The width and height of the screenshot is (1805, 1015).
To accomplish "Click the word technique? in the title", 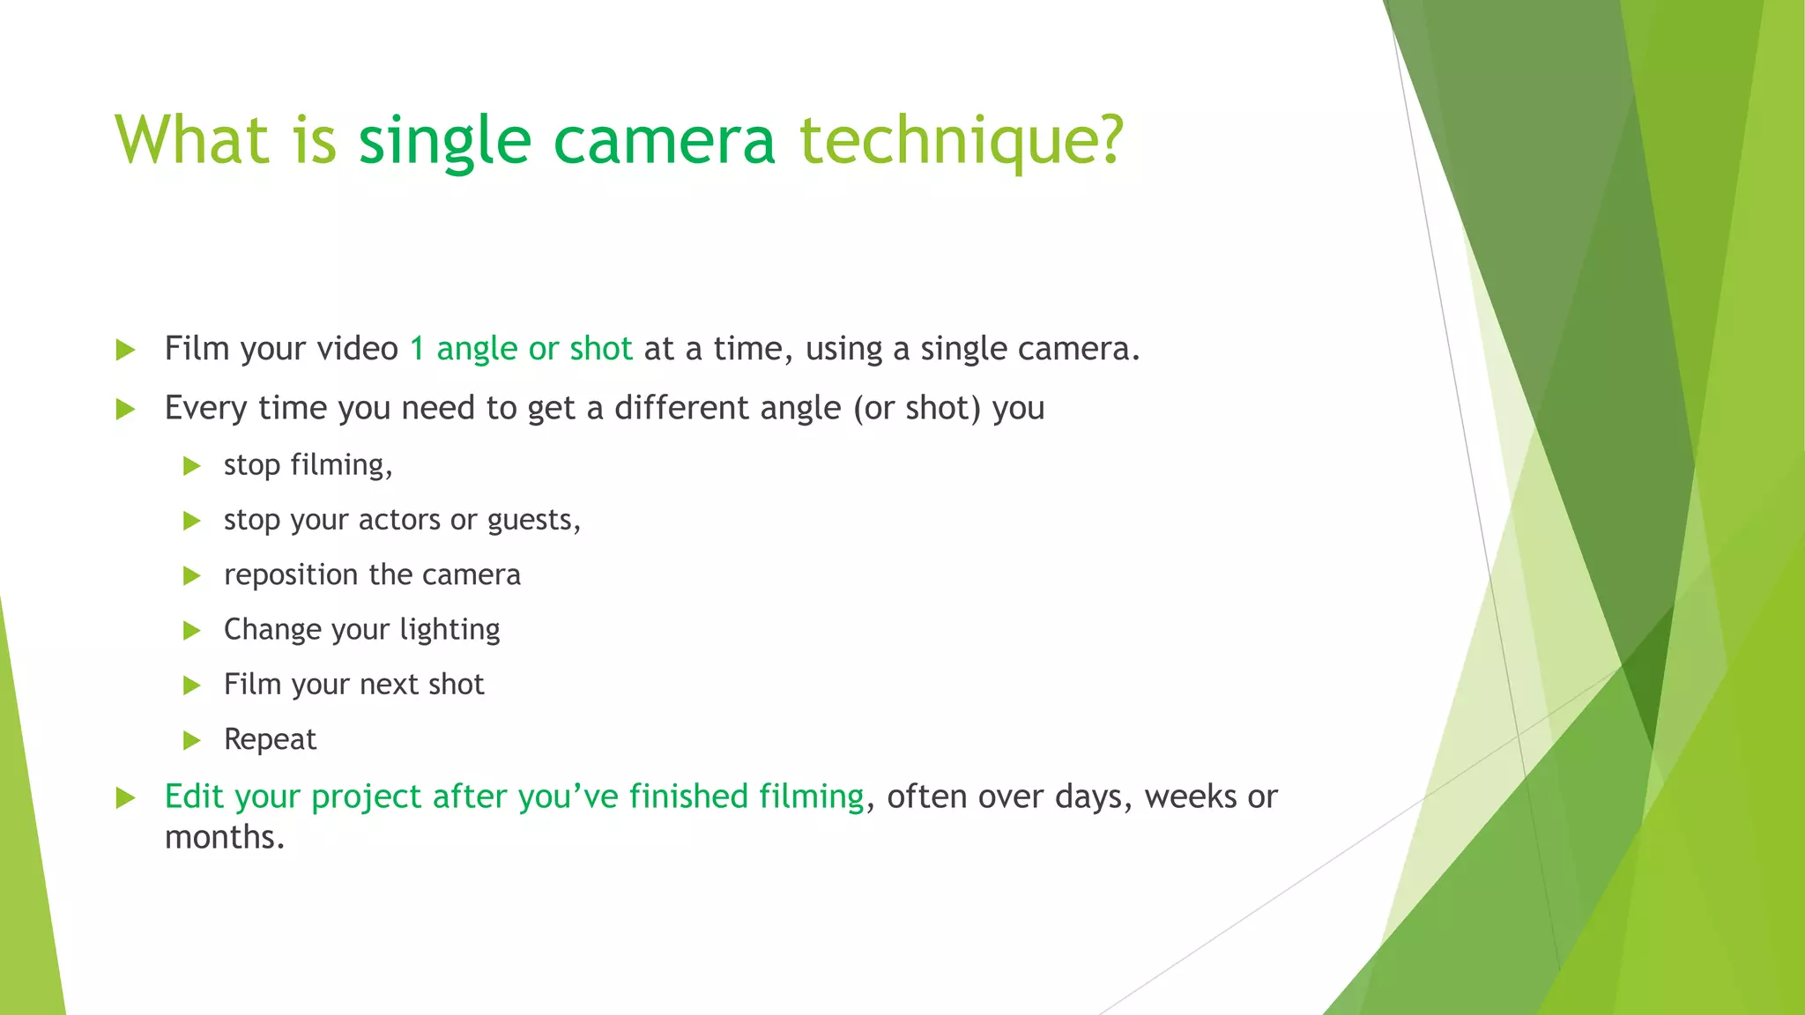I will tap(962, 141).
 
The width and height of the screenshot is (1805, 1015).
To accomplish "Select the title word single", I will tap(444, 141).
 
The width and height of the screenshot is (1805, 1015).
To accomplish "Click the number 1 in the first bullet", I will tap(418, 349).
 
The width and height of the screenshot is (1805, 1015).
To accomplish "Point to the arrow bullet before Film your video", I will tap(125, 351).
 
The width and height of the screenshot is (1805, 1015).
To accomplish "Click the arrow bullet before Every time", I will tap(125, 410).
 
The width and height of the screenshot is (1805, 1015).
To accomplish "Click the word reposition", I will tap(292, 575).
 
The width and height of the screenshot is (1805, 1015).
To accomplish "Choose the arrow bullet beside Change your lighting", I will tap(192, 631).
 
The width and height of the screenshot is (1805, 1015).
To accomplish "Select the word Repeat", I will tap(270, 739).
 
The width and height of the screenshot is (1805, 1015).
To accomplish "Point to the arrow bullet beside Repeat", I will tap(192, 741).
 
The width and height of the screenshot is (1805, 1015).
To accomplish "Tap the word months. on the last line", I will tap(225, 837).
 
